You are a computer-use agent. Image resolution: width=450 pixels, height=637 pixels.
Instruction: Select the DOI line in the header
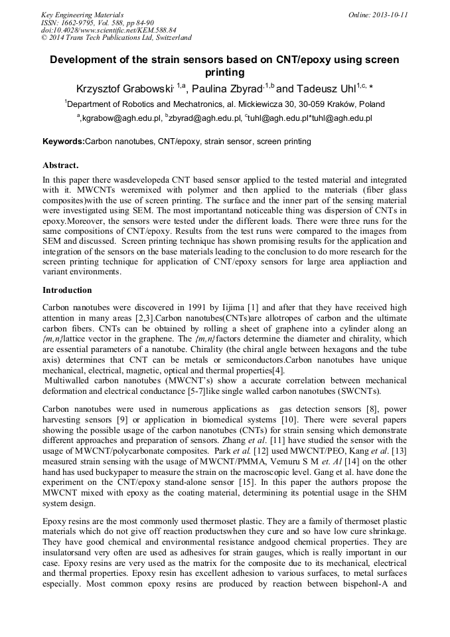109,30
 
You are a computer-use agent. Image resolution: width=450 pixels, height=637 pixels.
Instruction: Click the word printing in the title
225,72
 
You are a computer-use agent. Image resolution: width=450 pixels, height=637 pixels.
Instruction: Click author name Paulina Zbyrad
226,88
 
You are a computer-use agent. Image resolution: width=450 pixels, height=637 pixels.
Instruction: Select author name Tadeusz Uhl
317,88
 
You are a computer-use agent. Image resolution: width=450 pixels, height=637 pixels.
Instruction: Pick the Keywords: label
64,141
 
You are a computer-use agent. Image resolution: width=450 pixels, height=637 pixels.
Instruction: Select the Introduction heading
67,290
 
